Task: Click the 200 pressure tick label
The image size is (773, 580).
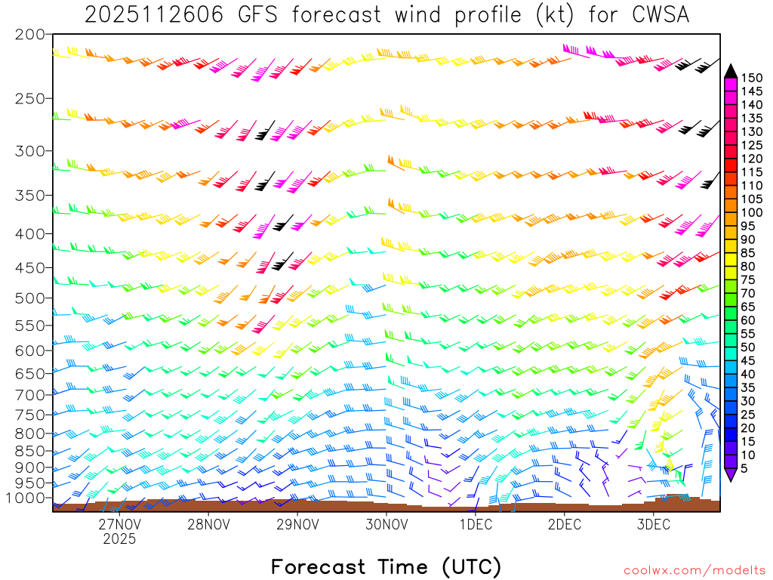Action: pos(30,35)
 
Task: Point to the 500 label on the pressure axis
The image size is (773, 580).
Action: pos(30,298)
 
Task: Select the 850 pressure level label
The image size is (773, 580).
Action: pos(30,450)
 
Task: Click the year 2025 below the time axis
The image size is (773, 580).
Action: pos(119,539)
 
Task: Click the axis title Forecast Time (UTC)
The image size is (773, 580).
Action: pos(386,566)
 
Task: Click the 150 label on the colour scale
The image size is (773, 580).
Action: pos(752,77)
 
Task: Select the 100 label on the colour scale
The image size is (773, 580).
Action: pos(752,213)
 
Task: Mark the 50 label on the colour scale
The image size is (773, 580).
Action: pos(749,347)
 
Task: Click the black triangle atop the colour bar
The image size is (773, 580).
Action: pos(730,71)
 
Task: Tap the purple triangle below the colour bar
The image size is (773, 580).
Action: pos(730,475)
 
